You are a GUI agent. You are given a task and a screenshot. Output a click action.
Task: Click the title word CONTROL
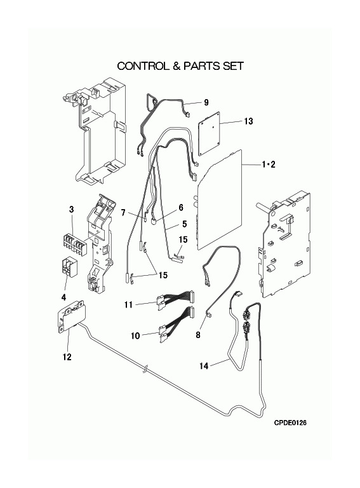143,66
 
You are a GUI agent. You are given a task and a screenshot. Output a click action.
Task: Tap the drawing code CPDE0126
290,423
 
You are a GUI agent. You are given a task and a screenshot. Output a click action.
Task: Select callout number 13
248,121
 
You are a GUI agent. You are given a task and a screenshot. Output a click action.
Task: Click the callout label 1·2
269,165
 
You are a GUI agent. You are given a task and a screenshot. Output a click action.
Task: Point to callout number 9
206,102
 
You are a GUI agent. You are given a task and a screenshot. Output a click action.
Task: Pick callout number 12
67,356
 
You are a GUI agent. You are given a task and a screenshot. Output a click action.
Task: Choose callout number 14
204,366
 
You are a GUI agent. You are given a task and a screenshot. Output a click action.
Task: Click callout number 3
72,210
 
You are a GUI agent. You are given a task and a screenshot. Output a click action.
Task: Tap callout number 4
63,297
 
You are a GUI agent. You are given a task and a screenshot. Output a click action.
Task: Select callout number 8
198,335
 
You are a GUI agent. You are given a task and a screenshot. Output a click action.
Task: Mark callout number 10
135,335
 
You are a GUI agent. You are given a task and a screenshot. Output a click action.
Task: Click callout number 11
128,305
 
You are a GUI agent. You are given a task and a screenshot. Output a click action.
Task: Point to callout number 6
181,208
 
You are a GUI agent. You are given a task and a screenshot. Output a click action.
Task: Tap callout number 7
123,213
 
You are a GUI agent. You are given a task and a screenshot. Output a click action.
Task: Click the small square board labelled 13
210,133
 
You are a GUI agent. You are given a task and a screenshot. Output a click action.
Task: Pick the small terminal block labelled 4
69,267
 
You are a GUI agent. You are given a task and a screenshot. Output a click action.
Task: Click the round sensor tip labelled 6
153,222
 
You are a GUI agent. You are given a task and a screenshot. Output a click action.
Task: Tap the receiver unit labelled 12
72,316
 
